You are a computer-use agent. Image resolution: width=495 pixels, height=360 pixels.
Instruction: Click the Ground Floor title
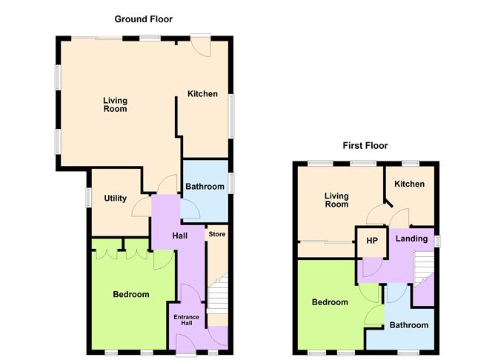143,19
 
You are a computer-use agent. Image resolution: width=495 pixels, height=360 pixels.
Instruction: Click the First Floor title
365,145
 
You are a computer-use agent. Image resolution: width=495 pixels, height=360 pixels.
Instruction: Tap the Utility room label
115,198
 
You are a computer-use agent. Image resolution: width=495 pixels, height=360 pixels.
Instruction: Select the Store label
217,234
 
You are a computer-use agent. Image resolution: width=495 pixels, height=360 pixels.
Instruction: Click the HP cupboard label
372,241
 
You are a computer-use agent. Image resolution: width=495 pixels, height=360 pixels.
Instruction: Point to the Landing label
412,239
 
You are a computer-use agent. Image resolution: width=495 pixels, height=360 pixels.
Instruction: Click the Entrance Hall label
186,320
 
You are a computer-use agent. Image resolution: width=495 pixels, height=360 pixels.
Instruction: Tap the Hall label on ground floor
179,236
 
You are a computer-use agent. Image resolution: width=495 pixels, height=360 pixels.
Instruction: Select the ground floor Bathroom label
205,187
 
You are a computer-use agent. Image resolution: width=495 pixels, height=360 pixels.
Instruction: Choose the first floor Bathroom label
409,325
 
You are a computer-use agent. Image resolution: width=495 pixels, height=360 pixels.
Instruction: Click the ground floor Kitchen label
202,94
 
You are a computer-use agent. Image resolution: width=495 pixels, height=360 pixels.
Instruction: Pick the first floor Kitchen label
409,184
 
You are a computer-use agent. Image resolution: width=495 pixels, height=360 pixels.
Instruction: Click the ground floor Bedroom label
131,294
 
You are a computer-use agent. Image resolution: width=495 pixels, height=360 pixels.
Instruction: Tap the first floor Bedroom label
330,302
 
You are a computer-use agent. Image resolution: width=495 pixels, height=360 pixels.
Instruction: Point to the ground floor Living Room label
115,104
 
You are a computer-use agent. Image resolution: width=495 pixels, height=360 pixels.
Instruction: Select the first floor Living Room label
336,200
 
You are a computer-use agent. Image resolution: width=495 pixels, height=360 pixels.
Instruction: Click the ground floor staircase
218,293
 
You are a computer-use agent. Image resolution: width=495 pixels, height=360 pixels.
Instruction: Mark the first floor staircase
424,268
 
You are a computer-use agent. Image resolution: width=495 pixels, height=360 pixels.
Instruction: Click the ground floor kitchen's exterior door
201,45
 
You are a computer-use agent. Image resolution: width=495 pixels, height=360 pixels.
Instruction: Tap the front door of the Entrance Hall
186,344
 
